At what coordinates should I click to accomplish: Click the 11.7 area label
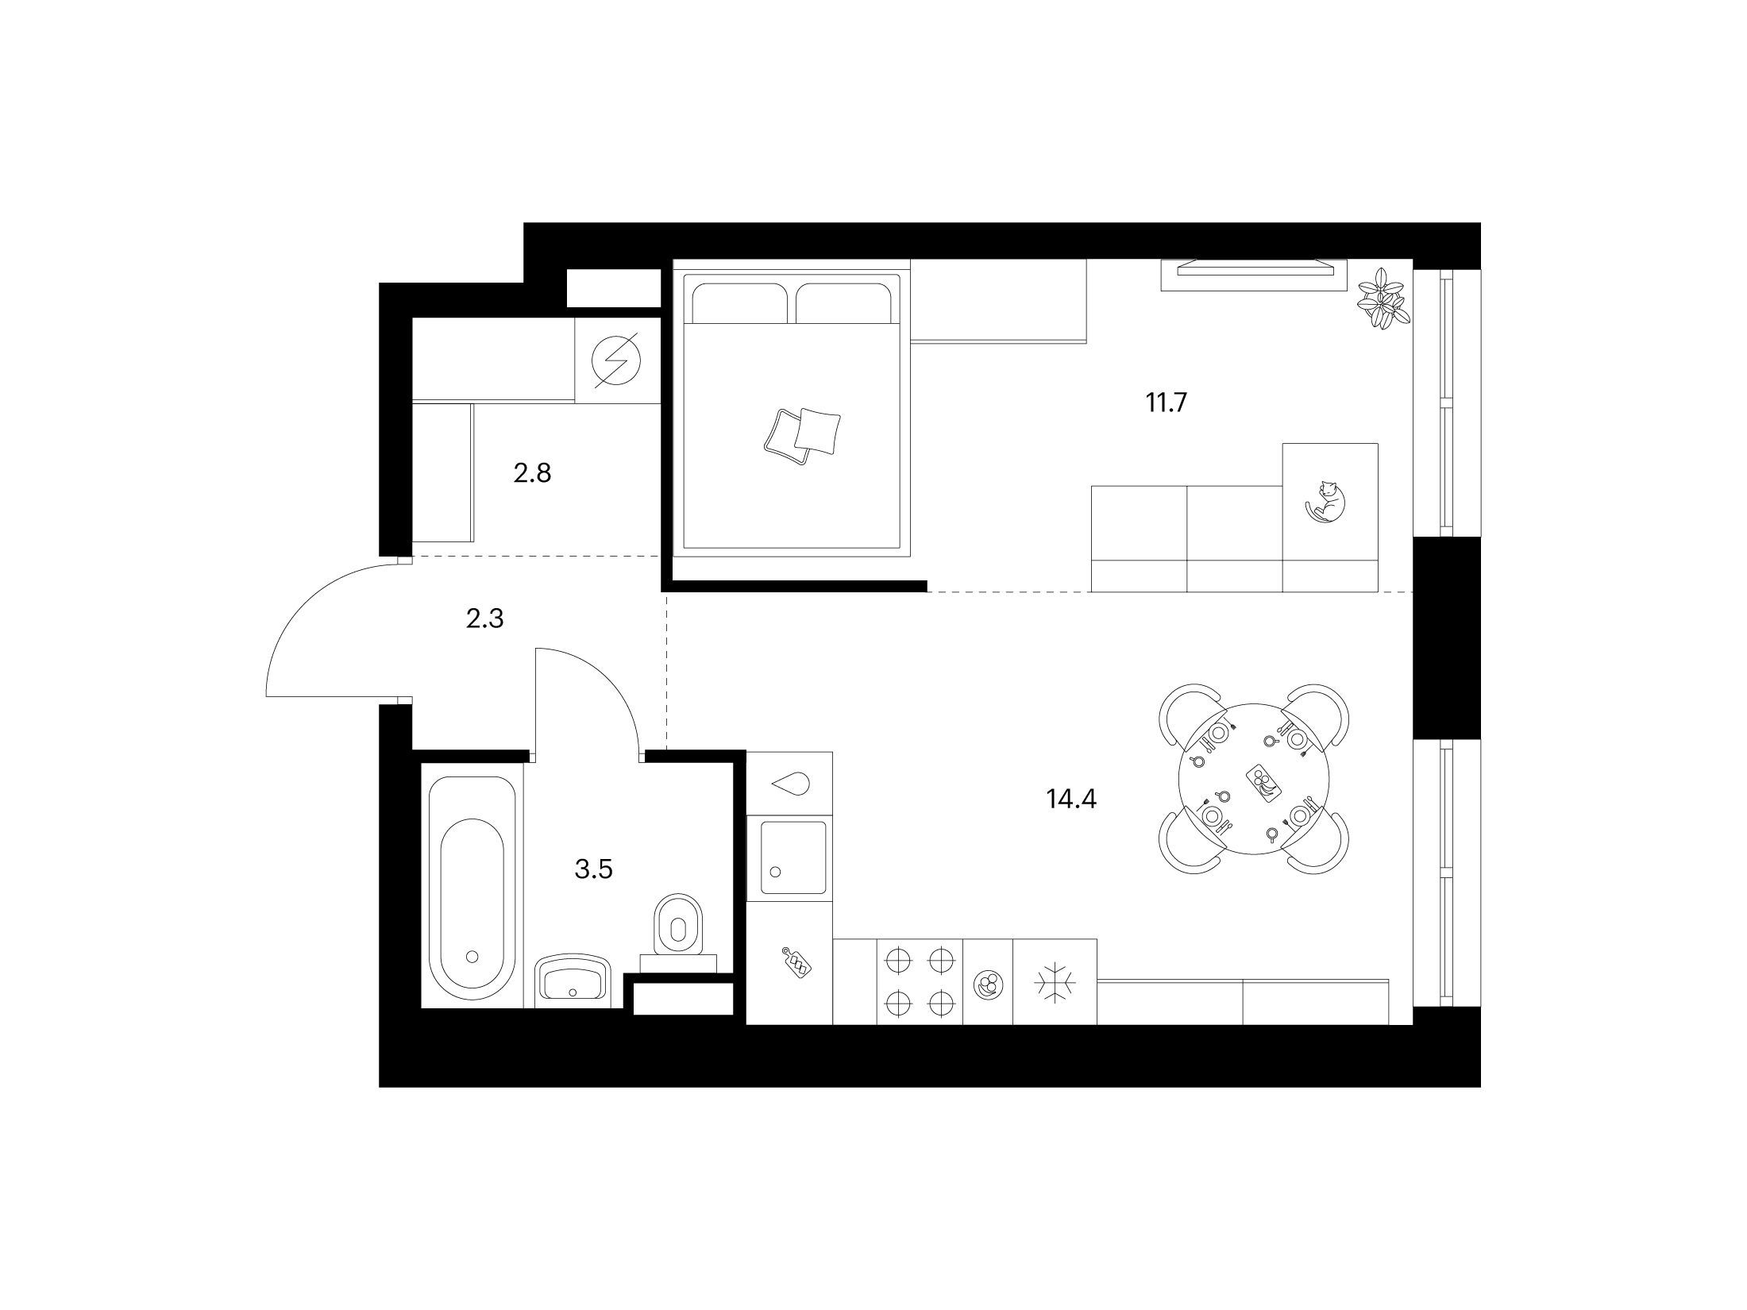[1165, 404]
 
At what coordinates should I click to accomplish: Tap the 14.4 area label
[1071, 799]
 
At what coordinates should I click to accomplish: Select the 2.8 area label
[532, 474]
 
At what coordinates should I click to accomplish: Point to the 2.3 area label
[484, 618]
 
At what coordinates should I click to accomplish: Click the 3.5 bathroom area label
[594, 870]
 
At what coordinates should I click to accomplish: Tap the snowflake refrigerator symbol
[1055, 983]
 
